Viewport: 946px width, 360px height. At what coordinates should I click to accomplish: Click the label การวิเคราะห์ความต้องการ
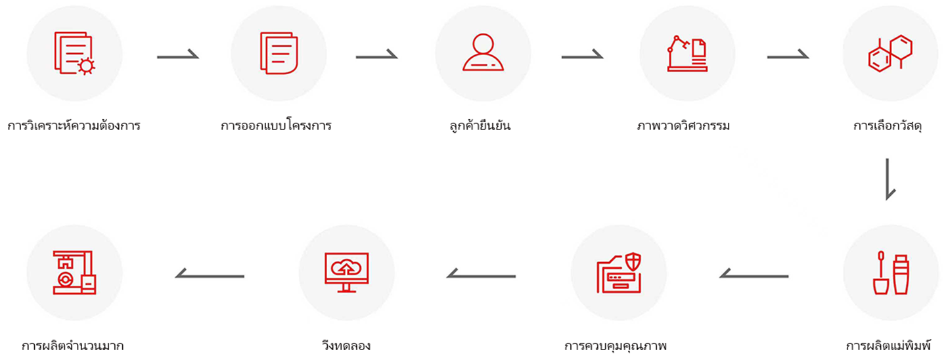tap(74, 125)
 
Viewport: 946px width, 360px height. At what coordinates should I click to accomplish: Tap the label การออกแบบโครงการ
tap(276, 125)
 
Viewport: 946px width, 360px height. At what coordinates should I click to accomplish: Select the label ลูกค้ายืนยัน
tap(477, 125)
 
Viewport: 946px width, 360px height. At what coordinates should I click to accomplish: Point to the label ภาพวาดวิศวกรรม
tap(683, 125)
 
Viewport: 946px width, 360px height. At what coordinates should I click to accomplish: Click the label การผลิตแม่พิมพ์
tap(888, 346)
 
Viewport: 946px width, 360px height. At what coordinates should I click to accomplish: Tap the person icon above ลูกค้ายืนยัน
tap(483, 53)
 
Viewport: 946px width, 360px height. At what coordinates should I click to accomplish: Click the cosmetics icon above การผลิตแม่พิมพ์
tap(890, 273)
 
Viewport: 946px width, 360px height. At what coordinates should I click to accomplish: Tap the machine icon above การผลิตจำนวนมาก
tap(74, 273)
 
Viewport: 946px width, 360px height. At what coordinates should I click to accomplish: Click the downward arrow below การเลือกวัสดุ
tap(890, 178)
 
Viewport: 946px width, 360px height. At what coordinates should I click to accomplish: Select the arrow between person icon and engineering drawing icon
tap(582, 56)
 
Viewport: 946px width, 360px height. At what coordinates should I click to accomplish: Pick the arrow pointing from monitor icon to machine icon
tap(210, 275)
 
